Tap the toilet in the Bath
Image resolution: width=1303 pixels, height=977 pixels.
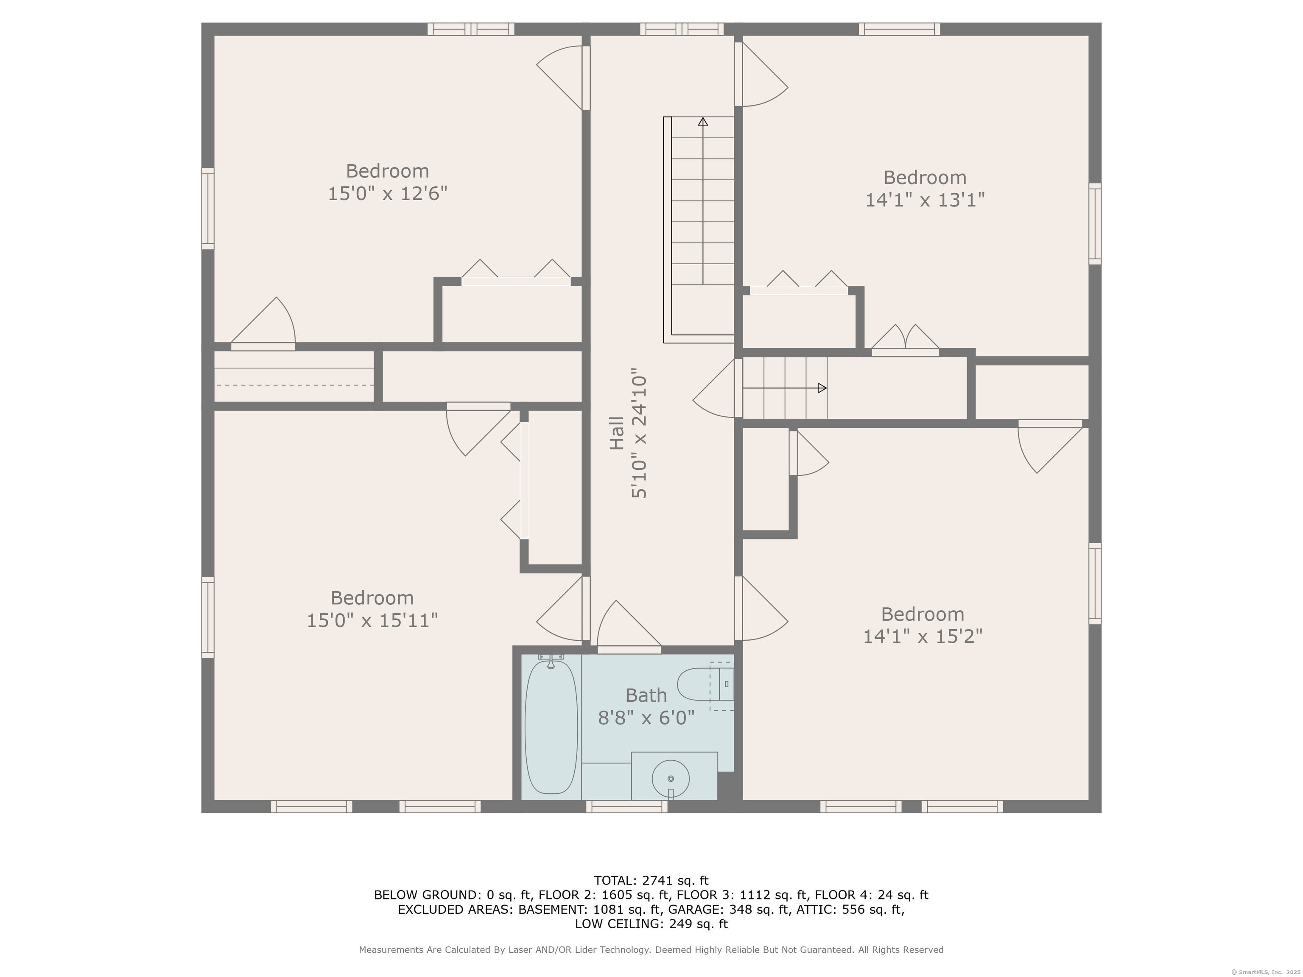[x=705, y=684]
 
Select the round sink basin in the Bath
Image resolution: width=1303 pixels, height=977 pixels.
[x=670, y=779]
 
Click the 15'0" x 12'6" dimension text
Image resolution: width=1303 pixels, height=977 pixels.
[x=388, y=193]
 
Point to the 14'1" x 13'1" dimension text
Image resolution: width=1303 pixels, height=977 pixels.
[x=925, y=200]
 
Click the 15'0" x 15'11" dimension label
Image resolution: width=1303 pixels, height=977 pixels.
[x=372, y=620]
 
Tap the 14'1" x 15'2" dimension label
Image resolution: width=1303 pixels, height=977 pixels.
[x=923, y=636]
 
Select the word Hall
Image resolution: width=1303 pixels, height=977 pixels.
[x=616, y=433]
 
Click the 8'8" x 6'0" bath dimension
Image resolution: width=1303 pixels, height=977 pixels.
[x=646, y=717]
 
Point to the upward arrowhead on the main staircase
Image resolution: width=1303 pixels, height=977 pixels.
[x=703, y=121]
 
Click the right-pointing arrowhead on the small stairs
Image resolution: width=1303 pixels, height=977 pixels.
[x=822, y=388]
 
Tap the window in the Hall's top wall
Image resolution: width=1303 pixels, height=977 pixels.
[x=682, y=29]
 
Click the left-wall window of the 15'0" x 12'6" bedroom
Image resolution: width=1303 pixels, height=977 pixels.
[x=208, y=209]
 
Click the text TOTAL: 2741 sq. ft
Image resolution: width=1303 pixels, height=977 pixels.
[x=651, y=880]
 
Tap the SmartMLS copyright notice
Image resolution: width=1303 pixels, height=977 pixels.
[x=1265, y=972]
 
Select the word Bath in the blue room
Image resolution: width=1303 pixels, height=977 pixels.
[x=646, y=695]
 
